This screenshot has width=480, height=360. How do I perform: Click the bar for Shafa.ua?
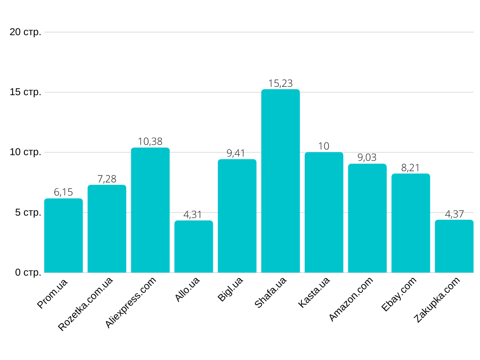[280, 181]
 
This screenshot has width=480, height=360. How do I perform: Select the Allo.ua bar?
[194, 247]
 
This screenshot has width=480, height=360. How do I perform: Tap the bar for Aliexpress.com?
[150, 210]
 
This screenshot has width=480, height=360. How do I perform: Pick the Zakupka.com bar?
[454, 246]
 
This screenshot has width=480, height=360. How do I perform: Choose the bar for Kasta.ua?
[324, 212]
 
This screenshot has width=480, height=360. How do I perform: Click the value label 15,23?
[280, 83]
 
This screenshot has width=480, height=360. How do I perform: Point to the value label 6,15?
[63, 192]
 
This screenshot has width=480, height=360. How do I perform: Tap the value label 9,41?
[237, 153]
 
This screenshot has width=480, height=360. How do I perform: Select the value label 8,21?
[411, 168]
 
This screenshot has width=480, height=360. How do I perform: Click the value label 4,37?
[454, 214]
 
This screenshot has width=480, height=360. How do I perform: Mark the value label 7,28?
[107, 179]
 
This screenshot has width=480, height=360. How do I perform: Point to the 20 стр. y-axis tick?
[25, 32]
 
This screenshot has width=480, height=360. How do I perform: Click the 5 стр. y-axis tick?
[28, 212]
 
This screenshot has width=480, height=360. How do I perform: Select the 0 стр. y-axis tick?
[28, 272]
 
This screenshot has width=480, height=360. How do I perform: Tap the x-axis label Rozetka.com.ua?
[86, 304]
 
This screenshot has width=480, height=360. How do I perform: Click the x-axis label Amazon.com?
[351, 299]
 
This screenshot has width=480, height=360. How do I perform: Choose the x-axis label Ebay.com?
[399, 294]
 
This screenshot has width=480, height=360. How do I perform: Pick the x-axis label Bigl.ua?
[230, 289]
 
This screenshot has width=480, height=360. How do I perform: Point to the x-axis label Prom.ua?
[52, 293]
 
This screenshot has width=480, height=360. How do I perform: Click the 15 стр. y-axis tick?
[25, 92]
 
